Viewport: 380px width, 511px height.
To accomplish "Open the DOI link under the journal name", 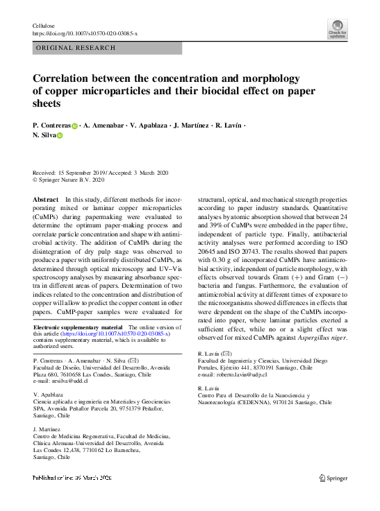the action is click(x=85, y=33).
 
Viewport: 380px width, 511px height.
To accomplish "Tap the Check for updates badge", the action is click(x=337, y=29).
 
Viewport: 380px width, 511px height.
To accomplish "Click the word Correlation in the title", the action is click(x=66, y=78).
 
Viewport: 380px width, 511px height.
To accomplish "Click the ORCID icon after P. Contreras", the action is click(x=75, y=125).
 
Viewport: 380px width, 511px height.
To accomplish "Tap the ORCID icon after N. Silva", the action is click(x=59, y=137).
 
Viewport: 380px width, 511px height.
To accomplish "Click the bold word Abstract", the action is click(x=46, y=199).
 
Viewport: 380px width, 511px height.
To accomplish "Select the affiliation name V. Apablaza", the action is click(x=48, y=394).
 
